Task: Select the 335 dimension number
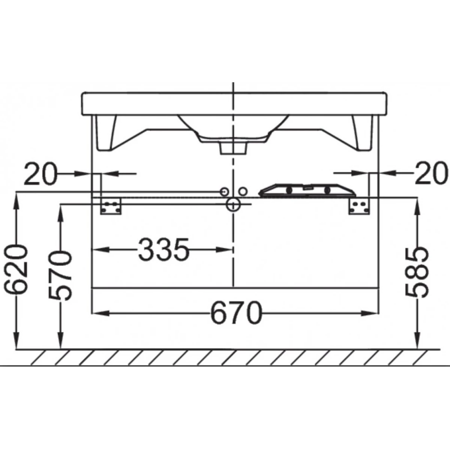[x=163, y=250]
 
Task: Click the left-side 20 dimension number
[x=40, y=174]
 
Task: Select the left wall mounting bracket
[x=111, y=206]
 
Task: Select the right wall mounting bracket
[x=359, y=206]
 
